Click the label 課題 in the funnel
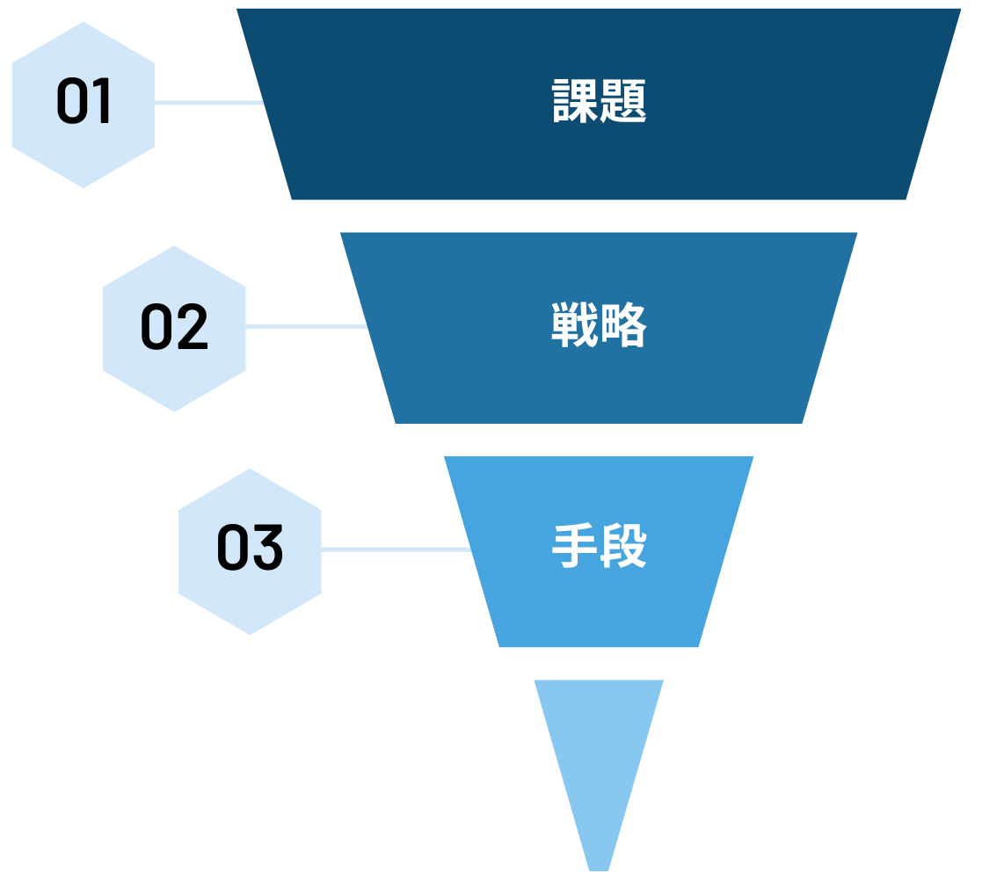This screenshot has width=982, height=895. click(x=599, y=102)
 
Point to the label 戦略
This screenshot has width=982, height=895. click(x=599, y=325)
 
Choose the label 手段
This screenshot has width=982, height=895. click(x=599, y=547)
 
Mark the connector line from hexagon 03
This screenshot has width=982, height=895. click(x=396, y=549)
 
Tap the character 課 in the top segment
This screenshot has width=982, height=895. click(x=575, y=102)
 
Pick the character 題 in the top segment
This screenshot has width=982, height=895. click(x=623, y=102)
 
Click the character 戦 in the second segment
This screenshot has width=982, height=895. click(x=575, y=325)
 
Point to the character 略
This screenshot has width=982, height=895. click(x=623, y=325)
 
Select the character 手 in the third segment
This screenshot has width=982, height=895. click(x=575, y=547)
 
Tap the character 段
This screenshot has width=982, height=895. click(x=623, y=547)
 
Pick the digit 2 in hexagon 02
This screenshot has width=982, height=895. click(x=193, y=327)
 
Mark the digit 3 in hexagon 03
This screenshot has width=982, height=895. click(x=268, y=548)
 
